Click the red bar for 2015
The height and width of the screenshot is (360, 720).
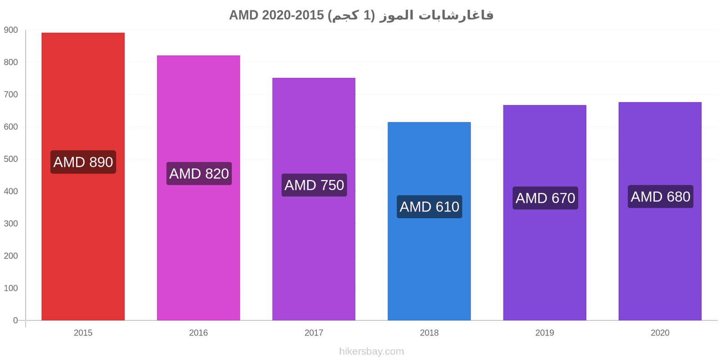click(83, 176)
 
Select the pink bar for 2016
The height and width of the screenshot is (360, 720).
click(198, 188)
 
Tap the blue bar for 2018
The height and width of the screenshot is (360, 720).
click(429, 221)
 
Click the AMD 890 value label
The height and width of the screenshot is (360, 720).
click(83, 162)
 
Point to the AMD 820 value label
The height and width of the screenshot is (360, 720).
click(199, 174)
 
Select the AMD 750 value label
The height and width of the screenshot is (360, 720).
click(315, 185)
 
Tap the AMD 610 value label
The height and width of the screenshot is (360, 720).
click(429, 207)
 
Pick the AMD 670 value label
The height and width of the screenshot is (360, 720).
click(545, 198)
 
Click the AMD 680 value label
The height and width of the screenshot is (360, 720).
click(661, 196)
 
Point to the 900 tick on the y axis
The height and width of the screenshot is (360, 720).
click(11, 30)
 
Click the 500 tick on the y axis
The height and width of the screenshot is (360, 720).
click(11, 159)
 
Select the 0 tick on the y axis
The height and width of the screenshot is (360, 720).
click(15, 320)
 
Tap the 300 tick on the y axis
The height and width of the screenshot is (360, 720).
click(11, 224)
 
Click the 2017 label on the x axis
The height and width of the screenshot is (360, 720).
click(314, 333)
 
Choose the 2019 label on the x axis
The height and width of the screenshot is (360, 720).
click(544, 333)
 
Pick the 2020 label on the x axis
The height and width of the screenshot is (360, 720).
click(660, 333)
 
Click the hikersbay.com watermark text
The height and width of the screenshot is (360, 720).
click(372, 351)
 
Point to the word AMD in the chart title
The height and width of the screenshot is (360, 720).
click(243, 15)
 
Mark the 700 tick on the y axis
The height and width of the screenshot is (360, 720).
click(11, 94)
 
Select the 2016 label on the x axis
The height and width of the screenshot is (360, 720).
click(198, 333)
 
